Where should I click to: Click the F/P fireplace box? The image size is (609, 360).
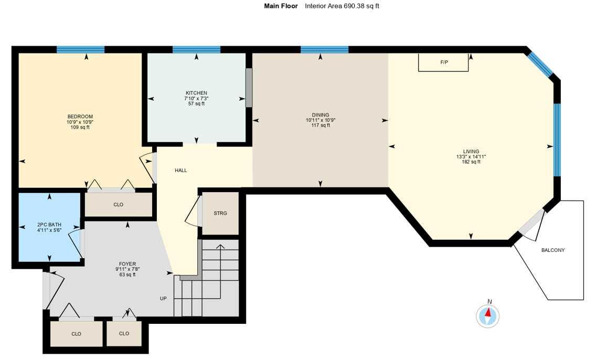pos(443,62)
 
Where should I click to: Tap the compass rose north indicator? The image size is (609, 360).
pos(488,315)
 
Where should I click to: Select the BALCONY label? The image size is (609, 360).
pos(553,250)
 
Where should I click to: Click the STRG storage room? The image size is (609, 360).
pos(220,213)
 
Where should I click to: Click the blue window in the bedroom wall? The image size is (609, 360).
pos(80,50)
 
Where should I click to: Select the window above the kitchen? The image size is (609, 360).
pos(196,50)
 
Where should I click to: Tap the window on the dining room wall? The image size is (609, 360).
pos(324,50)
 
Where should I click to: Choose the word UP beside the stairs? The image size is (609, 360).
pos(164,299)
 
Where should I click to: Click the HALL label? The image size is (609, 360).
pos(180,171)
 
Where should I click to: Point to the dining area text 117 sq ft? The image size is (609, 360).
pos(320,125)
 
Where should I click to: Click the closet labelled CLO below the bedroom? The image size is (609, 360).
pos(118,205)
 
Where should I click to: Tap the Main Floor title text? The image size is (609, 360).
pos(281,6)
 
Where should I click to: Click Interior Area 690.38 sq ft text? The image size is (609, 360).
pos(341,6)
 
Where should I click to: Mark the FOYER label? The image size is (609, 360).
pos(127,264)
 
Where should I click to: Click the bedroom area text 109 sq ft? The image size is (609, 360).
pos(80,127)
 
